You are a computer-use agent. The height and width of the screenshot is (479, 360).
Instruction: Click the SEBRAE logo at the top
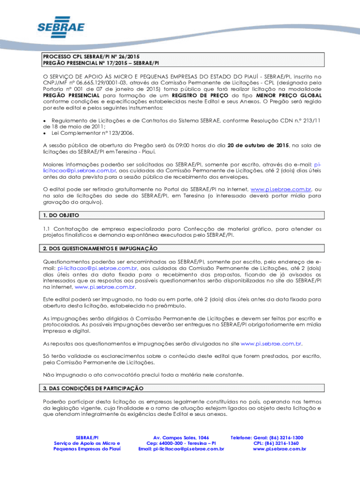[61, 28]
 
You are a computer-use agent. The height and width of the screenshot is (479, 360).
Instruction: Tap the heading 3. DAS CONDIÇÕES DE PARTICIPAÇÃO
[94, 389]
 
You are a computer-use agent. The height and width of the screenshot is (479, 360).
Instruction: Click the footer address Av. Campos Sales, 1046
[181, 438]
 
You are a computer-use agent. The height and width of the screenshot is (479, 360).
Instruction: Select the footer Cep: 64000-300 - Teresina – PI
[181, 443]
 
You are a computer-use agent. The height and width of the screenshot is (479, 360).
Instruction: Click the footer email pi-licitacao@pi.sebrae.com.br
[181, 449]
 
